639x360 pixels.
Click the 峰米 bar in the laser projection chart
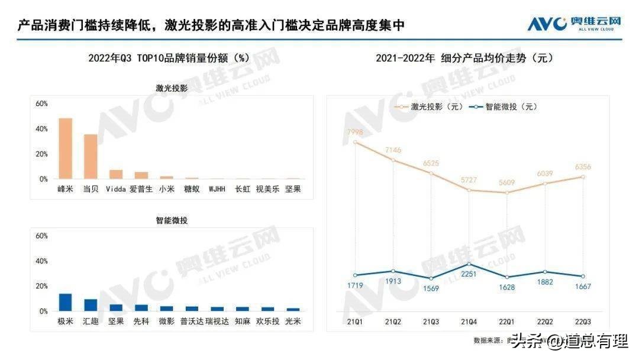(x=65, y=149)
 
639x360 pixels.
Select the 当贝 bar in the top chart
(x=91, y=156)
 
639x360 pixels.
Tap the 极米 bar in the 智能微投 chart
(x=65, y=302)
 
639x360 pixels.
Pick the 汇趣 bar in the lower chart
(x=91, y=305)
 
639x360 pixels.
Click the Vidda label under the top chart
(x=116, y=189)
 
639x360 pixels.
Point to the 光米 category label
(x=293, y=322)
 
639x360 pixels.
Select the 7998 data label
(x=355, y=131)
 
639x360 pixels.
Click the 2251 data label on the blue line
(x=469, y=274)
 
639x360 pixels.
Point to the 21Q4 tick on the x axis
(x=469, y=322)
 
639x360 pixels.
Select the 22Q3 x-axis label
(x=583, y=322)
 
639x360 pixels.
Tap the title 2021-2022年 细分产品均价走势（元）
(x=464, y=58)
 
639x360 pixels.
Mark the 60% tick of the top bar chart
(x=41, y=104)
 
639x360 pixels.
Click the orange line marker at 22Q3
(x=583, y=176)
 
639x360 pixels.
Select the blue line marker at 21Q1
(x=355, y=275)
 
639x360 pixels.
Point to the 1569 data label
(x=431, y=288)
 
